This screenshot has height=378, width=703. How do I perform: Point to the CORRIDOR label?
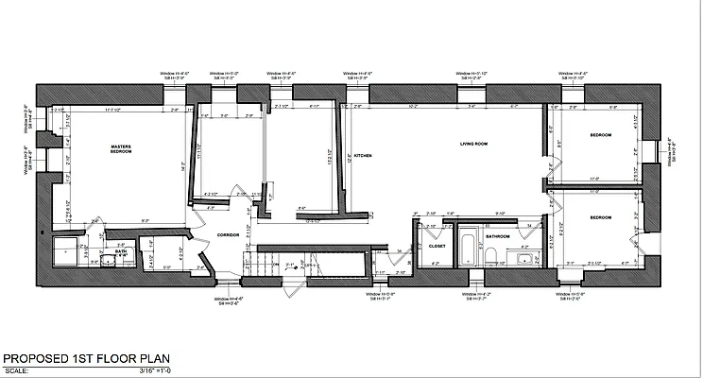tap(229, 233)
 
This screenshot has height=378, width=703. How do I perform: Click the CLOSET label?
tap(436, 245)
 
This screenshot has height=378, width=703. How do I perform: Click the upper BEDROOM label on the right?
tap(600, 136)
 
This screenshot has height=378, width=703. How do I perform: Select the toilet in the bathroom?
tap(493, 252)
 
